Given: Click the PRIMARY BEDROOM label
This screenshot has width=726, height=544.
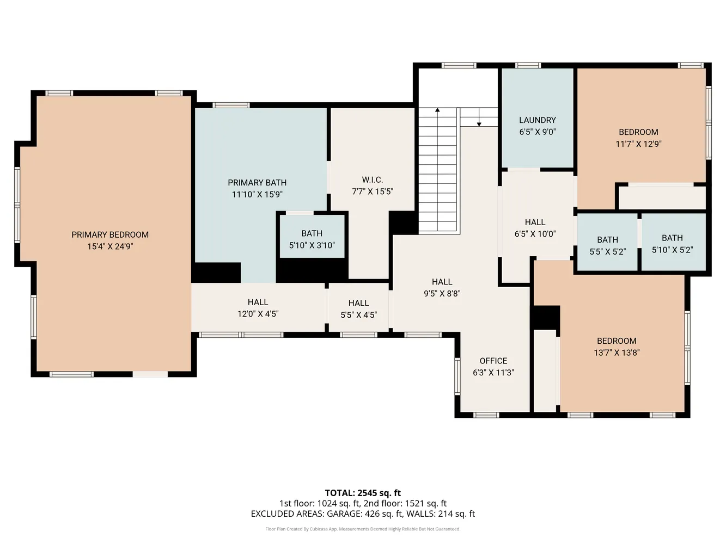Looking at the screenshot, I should coord(110,234).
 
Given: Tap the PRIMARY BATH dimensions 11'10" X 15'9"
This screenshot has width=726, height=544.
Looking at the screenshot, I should coord(257,194).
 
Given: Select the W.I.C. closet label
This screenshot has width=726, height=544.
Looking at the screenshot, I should coord(373,180).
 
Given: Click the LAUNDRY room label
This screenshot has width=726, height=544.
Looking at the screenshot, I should coord(537,120).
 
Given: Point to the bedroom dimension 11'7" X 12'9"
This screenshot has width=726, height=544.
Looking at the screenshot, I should coord(638,144).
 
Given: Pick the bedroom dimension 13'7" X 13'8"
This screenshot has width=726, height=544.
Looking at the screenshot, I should coord(617,353).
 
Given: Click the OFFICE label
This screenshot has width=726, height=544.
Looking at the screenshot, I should coord(493,361).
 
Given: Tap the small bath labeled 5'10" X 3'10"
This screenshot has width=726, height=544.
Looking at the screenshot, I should coord(312,239).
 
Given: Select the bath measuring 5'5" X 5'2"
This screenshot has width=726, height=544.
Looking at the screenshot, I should coord(607,246).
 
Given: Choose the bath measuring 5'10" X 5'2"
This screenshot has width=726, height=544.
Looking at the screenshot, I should coord(672,244).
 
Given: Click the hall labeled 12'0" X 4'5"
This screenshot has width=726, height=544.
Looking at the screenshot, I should coord(258,308).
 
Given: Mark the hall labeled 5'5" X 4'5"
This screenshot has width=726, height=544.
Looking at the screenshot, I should coord(358,309).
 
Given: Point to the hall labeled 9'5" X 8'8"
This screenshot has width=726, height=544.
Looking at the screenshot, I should coord(442,287).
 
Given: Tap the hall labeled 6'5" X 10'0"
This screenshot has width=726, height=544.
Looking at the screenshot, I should coord(535,228).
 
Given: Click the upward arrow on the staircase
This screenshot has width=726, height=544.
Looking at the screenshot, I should coord(437,111).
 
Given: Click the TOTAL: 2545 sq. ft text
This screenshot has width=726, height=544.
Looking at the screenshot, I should coord(363,493).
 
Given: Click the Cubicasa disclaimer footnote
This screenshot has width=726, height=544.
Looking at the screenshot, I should coord(363,529).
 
